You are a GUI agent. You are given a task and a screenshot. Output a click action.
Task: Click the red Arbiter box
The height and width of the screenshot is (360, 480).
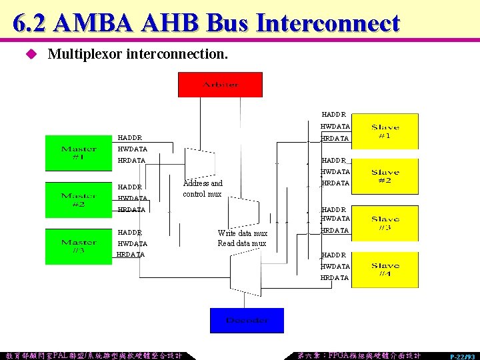[x=220, y=85]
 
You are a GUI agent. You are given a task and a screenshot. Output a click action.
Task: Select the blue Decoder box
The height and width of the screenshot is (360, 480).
[x=247, y=320]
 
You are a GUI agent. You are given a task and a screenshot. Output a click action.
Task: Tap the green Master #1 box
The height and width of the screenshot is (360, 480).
[x=78, y=153]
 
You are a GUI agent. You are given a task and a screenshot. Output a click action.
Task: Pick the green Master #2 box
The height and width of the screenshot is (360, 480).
[x=78, y=199]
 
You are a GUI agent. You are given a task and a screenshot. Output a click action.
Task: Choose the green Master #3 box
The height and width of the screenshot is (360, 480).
[x=78, y=246]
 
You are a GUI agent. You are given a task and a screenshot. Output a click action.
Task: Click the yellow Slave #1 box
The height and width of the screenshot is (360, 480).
[x=385, y=131]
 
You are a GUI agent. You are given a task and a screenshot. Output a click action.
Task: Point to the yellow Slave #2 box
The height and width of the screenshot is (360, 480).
[x=385, y=177]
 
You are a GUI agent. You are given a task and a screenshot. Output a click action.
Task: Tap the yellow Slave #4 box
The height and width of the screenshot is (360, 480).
[x=385, y=269]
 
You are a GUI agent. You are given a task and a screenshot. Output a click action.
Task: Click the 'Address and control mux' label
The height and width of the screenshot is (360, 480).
[x=203, y=189]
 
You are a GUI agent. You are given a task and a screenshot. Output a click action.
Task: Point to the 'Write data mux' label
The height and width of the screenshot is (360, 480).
[x=242, y=233]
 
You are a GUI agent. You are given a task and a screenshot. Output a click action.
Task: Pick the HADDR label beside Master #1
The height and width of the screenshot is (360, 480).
[x=129, y=138]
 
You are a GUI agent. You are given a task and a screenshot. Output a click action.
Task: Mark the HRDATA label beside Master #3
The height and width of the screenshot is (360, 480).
[x=131, y=255]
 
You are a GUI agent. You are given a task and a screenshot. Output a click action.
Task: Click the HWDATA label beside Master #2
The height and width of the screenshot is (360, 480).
[x=132, y=199]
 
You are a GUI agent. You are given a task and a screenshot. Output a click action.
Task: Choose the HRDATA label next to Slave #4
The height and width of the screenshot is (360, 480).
[x=335, y=277]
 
